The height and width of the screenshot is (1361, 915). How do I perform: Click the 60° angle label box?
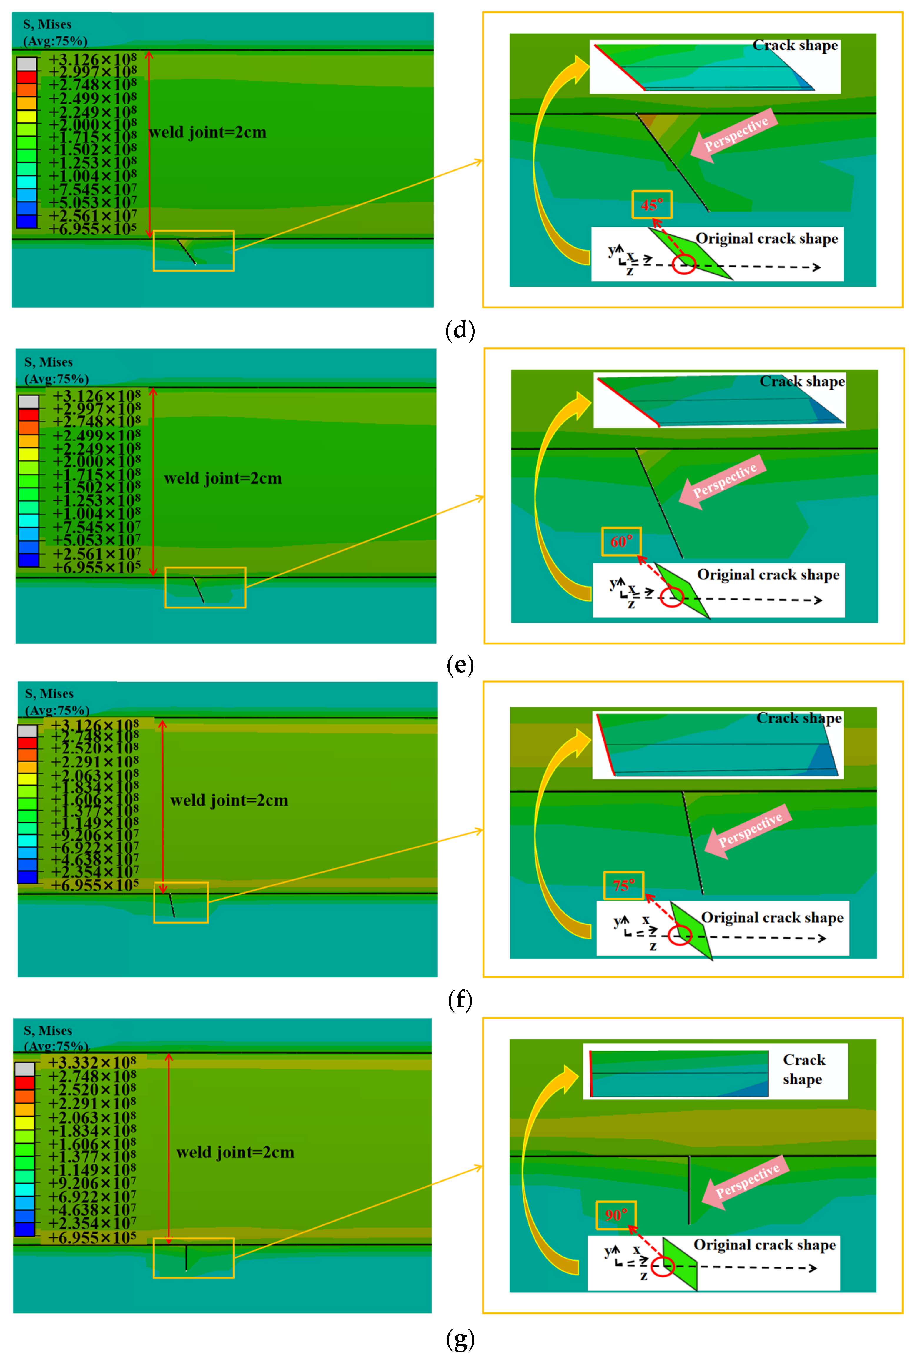click(x=621, y=541)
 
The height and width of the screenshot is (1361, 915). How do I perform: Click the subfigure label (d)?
click(x=460, y=331)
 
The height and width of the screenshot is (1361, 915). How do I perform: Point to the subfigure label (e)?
click(x=460, y=665)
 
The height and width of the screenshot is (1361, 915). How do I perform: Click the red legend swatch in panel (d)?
click(x=27, y=76)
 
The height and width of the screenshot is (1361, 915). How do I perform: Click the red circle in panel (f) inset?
click(x=680, y=935)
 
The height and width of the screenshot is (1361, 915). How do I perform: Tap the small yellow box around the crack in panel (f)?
click(x=181, y=902)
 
